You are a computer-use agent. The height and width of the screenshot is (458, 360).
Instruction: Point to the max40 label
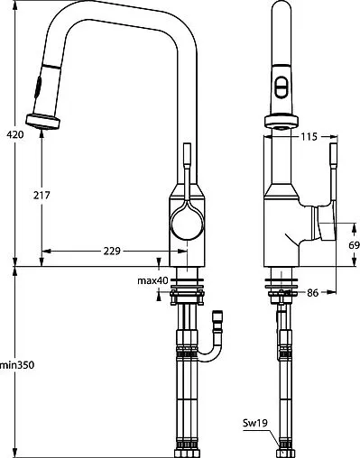pyautogui.click(x=152, y=280)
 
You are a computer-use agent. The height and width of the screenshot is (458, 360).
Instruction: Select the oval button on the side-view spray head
pyautogui.click(x=282, y=87)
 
